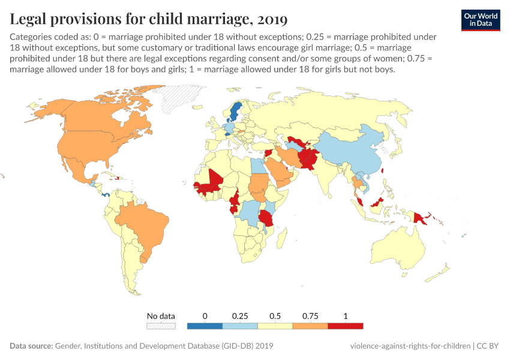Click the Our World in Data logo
pos(481,19)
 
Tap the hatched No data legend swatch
pos(161,326)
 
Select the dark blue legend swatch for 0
pos(205,326)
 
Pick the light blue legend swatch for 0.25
pos(240,326)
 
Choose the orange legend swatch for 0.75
pos(310,326)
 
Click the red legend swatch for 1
pos(346,326)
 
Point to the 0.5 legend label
pos(275,316)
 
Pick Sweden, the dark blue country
pos(235,112)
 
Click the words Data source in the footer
pos(31,346)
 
